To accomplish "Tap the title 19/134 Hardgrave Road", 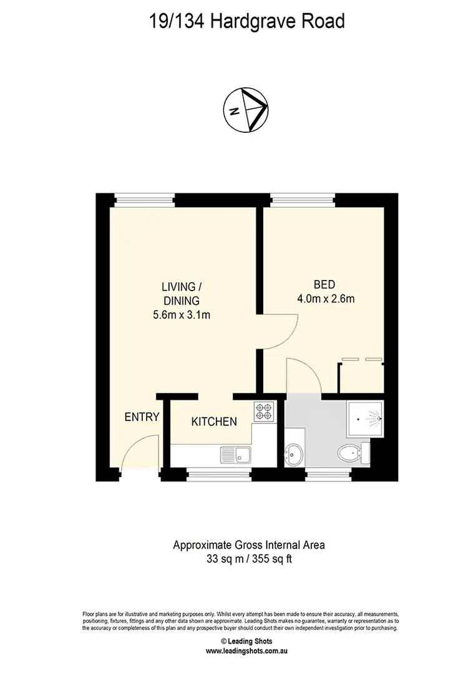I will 246,22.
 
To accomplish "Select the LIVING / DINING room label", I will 182,294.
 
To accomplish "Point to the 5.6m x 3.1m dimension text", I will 182,315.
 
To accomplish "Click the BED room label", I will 324,284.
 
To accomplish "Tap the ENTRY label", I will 142,417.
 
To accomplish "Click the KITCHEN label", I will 213,422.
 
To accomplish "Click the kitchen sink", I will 235,453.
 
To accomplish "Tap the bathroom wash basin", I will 293,454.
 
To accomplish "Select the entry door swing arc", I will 136,449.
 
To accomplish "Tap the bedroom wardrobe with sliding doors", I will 361,377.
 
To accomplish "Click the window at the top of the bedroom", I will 303,200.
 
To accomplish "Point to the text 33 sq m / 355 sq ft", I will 249,559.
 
